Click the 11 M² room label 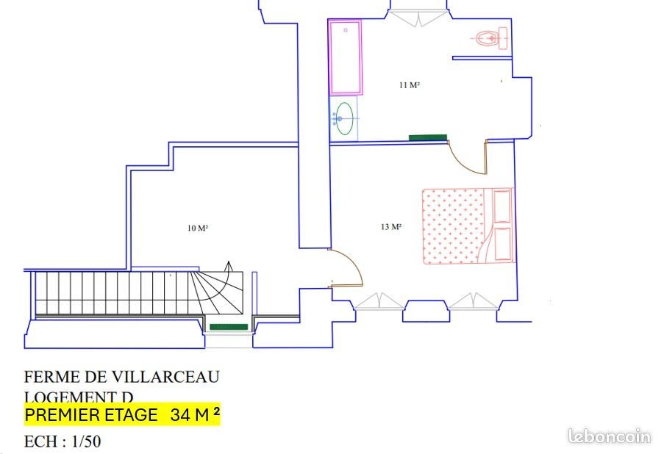coord(409,85)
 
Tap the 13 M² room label coord(391,227)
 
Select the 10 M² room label coord(198,228)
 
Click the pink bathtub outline coord(345,57)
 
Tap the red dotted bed coord(452,226)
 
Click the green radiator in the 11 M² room coord(428,137)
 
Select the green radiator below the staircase coord(229,327)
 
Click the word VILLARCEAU coord(167,377)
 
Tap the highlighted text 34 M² coord(195,415)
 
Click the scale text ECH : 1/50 coord(63,443)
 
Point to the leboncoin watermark coord(610,436)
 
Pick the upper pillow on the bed coord(503,206)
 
